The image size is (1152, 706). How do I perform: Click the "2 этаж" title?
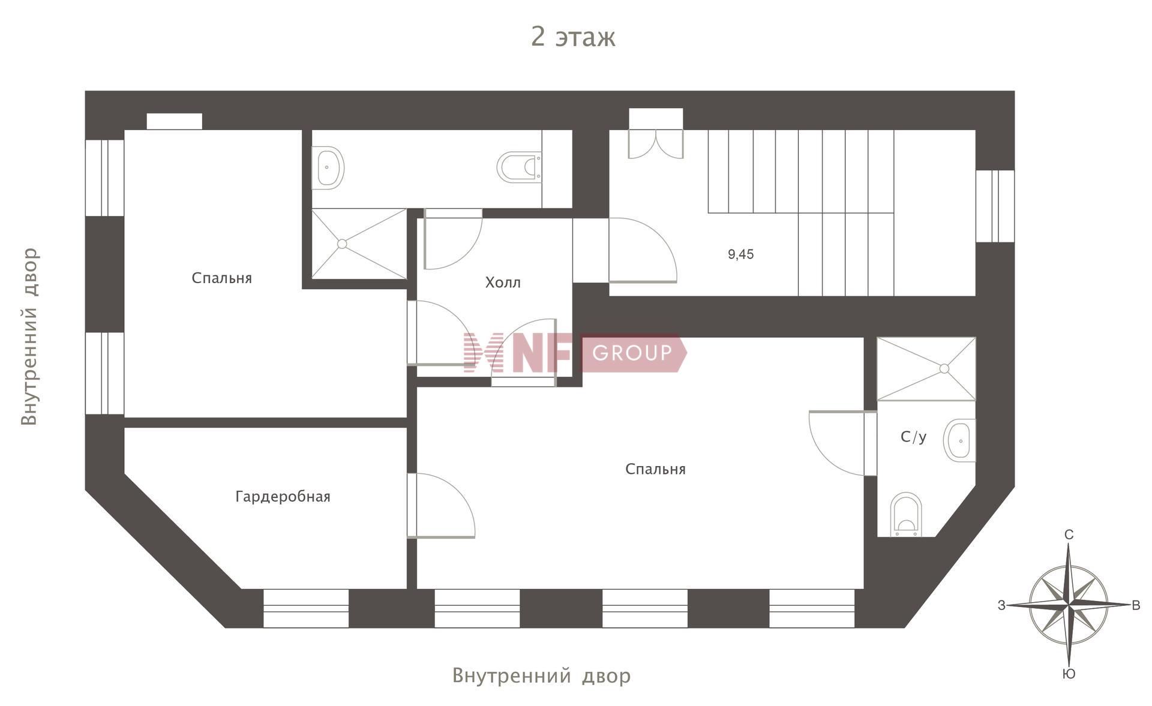(573, 37)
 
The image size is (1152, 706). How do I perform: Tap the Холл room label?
(503, 283)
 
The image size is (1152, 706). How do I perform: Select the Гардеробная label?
(283, 497)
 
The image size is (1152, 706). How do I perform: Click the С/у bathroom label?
(914, 437)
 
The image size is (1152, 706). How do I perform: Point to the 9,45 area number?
(741, 254)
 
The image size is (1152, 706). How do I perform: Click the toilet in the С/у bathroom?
(906, 515)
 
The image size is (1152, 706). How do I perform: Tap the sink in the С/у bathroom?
(959, 441)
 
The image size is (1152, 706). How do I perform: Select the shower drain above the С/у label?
(944, 369)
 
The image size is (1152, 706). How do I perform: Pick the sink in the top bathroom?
(328, 168)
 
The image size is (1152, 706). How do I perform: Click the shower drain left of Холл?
(342, 244)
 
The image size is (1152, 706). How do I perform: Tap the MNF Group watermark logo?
(575, 353)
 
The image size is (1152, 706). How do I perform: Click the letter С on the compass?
(1069, 534)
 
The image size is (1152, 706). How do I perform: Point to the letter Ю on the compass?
(1069, 674)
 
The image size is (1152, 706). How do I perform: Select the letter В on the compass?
(1136, 606)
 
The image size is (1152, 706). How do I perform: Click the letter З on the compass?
(1001, 606)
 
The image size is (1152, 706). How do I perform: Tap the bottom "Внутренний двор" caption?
(541, 675)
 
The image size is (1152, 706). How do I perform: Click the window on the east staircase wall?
(995, 206)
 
